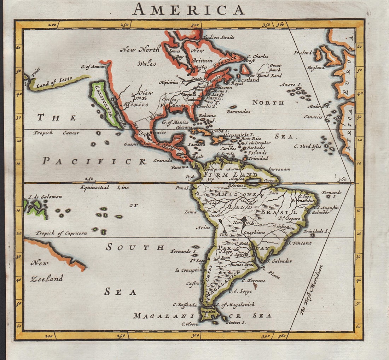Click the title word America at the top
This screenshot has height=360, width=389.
(x=188, y=9)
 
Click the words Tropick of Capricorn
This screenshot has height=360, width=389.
(x=61, y=233)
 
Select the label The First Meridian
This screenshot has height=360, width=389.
(x=312, y=290)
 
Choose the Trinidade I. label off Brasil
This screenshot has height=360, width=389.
(x=317, y=231)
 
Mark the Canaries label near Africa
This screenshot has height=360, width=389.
(x=313, y=117)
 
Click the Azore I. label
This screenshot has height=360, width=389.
(x=290, y=85)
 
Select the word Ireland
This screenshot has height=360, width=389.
(x=303, y=53)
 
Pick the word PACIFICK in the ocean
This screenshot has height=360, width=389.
(x=94, y=161)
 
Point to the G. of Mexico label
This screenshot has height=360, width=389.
(x=175, y=122)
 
